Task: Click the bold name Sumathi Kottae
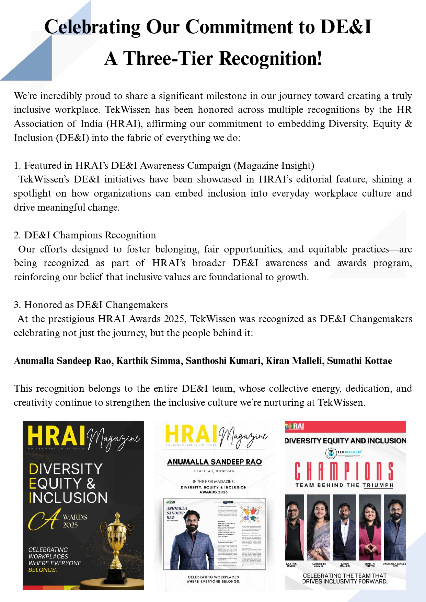tap(359, 361)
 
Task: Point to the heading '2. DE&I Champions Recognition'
tap(85, 235)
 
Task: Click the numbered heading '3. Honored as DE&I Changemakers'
tap(91, 305)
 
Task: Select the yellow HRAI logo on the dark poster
tap(56, 436)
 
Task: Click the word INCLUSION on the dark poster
tap(68, 498)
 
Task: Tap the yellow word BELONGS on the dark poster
tap(43, 570)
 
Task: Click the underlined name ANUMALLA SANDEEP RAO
tap(214, 462)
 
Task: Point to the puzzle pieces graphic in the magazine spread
tap(250, 514)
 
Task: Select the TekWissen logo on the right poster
tap(344, 453)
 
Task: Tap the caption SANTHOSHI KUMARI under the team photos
tap(319, 565)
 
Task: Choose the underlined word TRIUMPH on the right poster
tap(378, 485)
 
